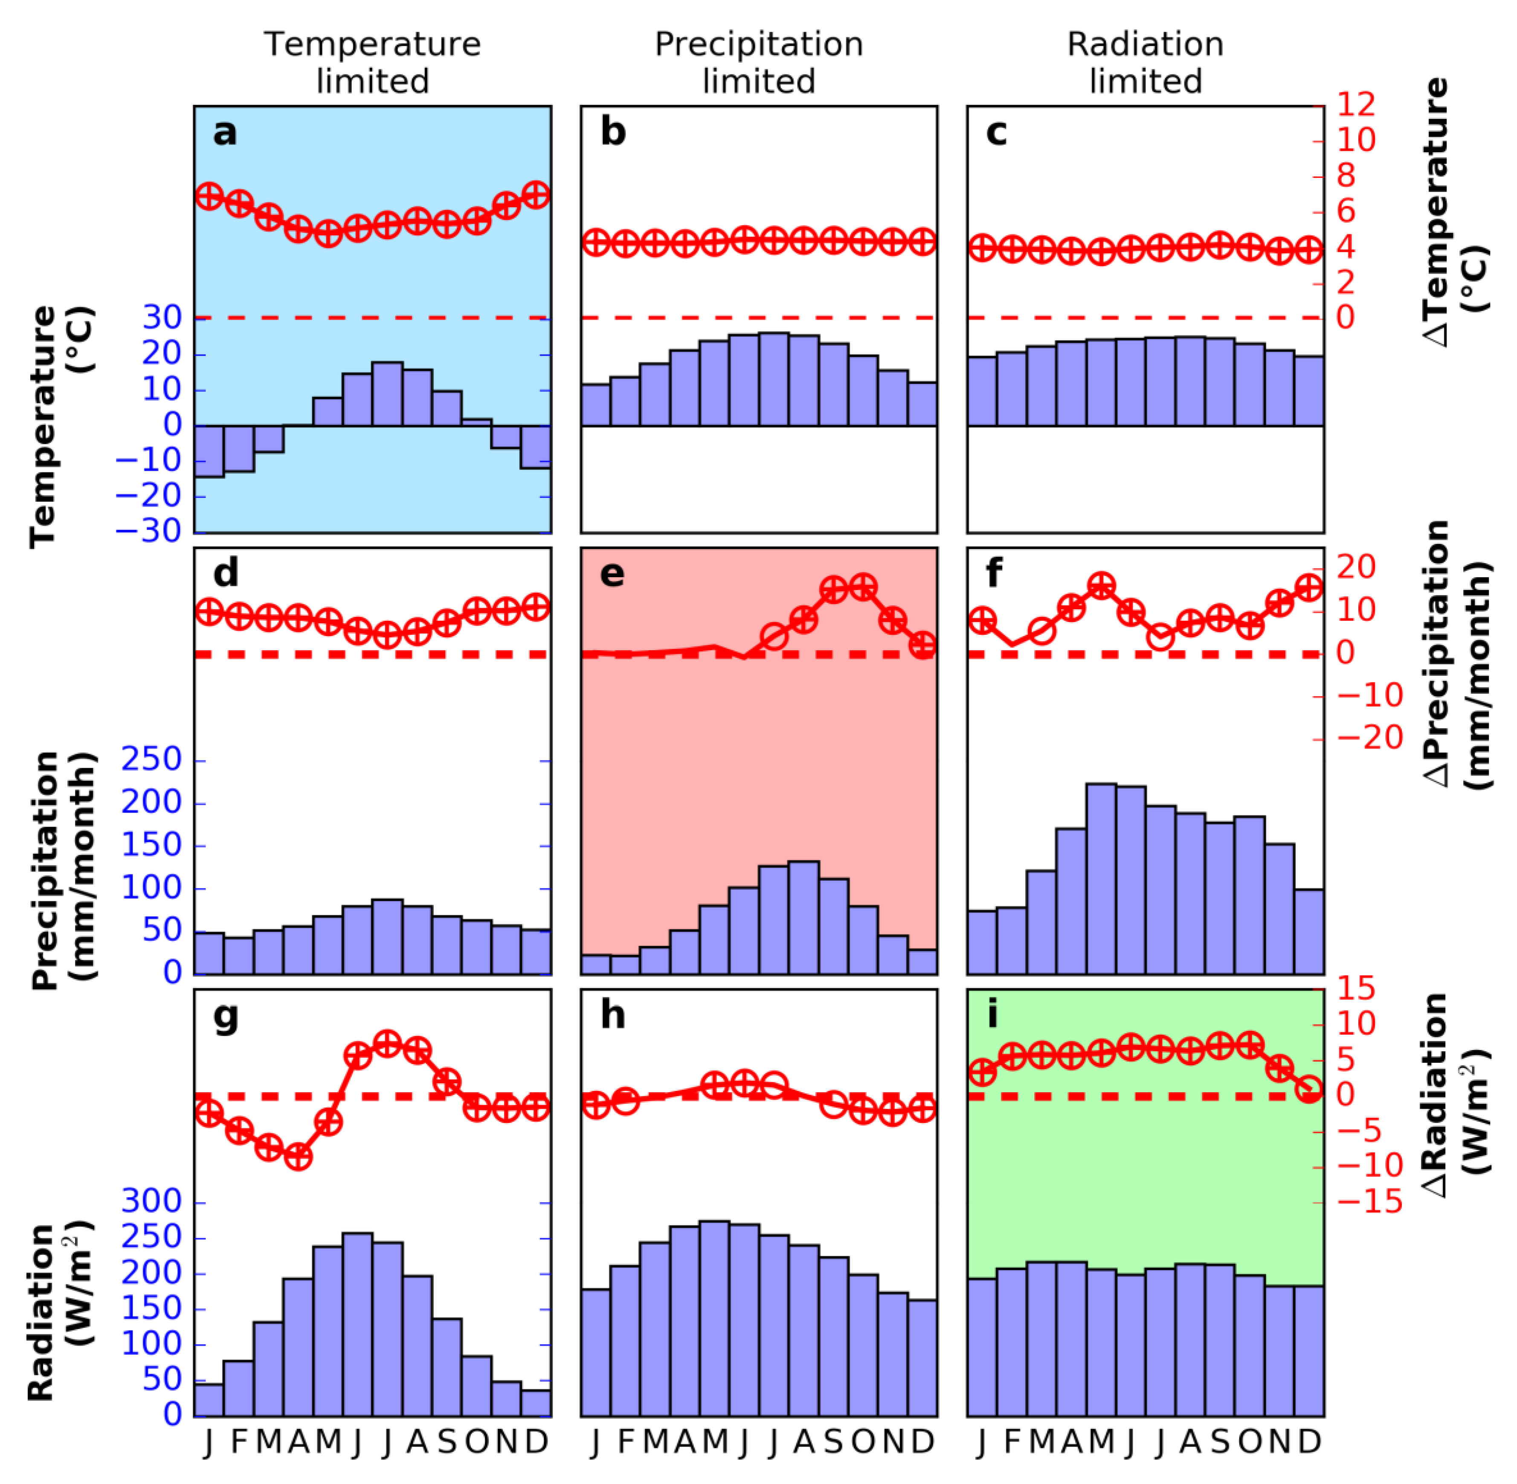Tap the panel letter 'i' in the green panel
(x=992, y=1015)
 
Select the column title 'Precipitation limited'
(x=758, y=62)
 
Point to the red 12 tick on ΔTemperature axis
(x=1356, y=104)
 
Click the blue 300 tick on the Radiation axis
(x=151, y=1202)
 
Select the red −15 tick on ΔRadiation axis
(x=1370, y=1203)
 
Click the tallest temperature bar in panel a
(x=387, y=393)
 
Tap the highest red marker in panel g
(x=387, y=1043)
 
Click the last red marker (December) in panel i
(x=1310, y=1090)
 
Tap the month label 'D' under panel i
(x=1310, y=1442)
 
